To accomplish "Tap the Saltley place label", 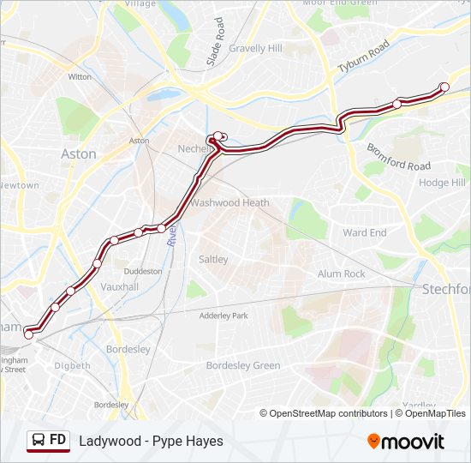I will tap(213, 259).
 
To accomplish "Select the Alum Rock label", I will tap(342, 274).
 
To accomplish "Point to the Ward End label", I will tap(365, 232).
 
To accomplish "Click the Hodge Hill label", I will tap(442, 183).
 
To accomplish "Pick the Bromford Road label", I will tap(399, 154).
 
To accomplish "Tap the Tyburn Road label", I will tap(363, 57).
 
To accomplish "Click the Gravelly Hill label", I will tap(255, 49).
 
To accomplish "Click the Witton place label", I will tap(80, 76).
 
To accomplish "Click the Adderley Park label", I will tap(223, 316).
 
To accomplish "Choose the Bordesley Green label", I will tap(243, 365).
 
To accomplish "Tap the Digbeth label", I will tap(72, 365).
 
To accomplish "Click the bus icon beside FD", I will tap(39, 441).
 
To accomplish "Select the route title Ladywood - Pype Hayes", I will tap(151, 441).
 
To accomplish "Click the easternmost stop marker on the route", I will tap(444, 87).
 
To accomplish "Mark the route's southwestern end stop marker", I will tap(28, 334).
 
